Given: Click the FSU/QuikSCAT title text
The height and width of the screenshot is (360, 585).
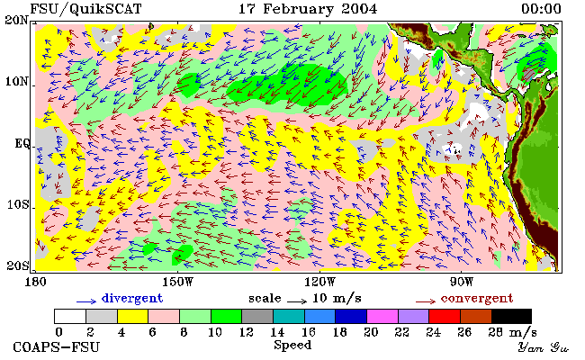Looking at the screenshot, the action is (85, 9).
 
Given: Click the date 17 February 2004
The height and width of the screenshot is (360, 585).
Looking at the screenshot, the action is (308, 9).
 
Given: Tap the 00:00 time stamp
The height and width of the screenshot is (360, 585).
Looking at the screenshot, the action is (541, 9).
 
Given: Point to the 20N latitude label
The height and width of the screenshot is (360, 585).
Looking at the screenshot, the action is (16, 20).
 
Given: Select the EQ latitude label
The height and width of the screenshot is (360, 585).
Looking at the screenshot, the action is (22, 144).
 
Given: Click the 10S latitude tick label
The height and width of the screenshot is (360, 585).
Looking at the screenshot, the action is (17, 205).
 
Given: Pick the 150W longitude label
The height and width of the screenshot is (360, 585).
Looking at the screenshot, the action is (178, 282).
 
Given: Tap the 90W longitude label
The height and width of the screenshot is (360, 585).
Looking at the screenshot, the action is (462, 282).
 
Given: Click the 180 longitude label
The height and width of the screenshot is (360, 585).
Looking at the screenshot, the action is (35, 282).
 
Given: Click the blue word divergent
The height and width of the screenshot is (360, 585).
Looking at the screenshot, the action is (132, 299).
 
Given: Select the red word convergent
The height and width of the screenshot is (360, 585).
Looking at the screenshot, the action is (477, 299).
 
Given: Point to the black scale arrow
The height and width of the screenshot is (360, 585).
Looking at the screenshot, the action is (297, 301).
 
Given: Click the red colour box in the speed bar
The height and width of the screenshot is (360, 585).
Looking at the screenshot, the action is (445, 316).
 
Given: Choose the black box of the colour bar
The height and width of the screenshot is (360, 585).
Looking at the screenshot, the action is (511, 316).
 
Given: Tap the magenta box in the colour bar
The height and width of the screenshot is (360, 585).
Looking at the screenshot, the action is (382, 316).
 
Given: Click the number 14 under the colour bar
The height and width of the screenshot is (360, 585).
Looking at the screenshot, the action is (277, 331).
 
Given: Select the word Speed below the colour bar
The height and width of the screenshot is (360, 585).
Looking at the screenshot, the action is (292, 345).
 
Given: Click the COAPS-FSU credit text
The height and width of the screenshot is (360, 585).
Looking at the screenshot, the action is (57, 347).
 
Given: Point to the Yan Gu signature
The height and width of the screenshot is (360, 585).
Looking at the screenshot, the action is (543, 347).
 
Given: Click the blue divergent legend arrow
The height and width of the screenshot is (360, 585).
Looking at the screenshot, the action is (86, 301).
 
